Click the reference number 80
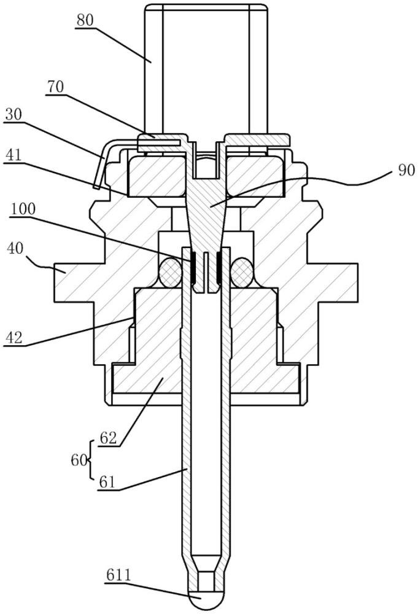(x=85, y=20)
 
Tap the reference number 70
(x=55, y=87)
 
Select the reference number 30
(x=14, y=115)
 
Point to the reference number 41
(x=14, y=155)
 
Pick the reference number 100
(x=23, y=209)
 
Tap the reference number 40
(x=15, y=248)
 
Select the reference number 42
(x=15, y=337)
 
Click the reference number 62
(x=109, y=438)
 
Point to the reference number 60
(x=79, y=460)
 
